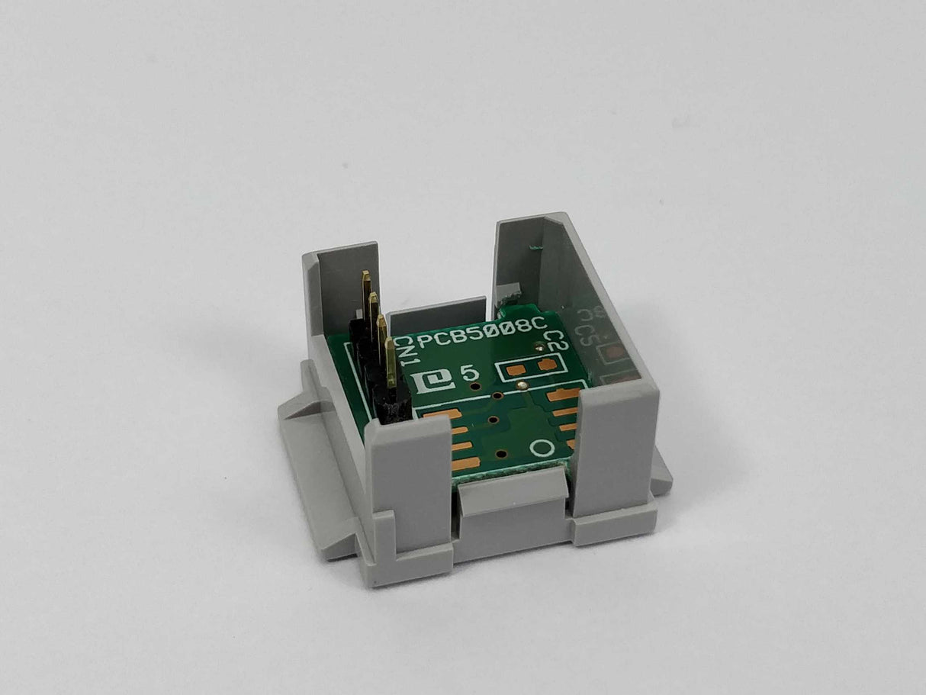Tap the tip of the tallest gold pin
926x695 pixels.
pos(366,276)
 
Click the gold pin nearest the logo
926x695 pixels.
pos(391,362)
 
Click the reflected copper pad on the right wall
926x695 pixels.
pos(612,352)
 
